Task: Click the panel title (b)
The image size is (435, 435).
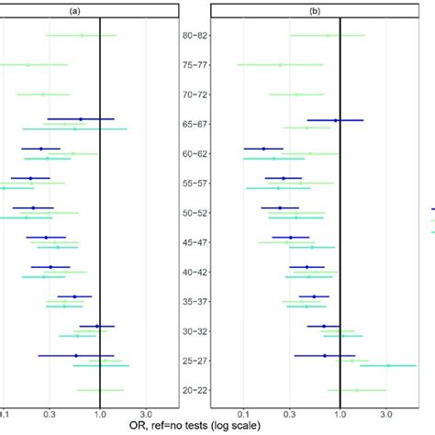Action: [x=314, y=12]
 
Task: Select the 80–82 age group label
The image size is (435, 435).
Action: [x=195, y=36]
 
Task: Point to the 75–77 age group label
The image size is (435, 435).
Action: [x=195, y=65]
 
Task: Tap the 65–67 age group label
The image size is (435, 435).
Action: [x=195, y=124]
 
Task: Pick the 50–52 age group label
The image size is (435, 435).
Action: [x=195, y=213]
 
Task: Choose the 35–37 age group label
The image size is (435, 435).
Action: [x=195, y=301]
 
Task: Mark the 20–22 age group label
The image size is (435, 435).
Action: [x=195, y=390]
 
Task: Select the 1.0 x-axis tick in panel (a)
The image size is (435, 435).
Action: [x=98, y=413]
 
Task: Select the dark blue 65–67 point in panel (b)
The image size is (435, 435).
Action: [x=336, y=120]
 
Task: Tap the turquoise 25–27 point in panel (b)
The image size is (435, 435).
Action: [x=387, y=365]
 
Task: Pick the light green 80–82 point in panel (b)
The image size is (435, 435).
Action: [x=328, y=36]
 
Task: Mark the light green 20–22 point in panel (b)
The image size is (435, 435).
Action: [x=357, y=390]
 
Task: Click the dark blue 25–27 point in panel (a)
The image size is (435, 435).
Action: [x=76, y=355]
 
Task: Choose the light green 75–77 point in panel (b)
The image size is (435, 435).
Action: [x=281, y=65]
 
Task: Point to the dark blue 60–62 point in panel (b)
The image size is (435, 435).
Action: [x=263, y=149]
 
